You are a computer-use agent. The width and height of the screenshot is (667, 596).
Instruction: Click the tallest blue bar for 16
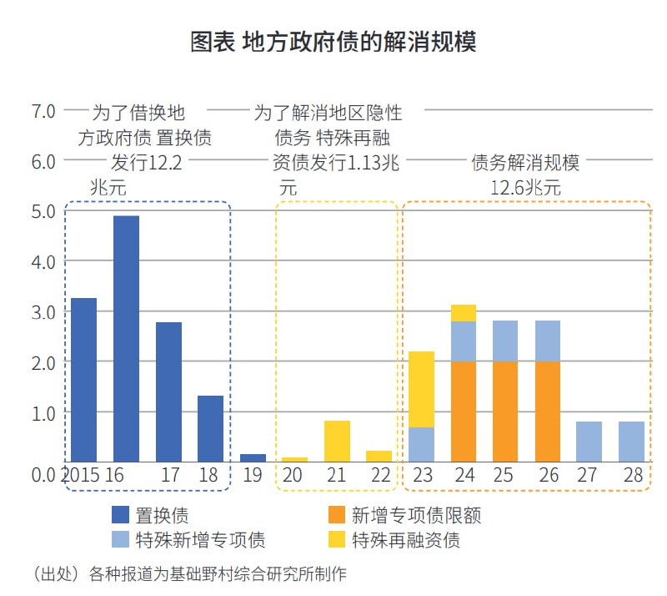tap(126, 338)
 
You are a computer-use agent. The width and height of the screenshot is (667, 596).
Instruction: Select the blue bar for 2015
tap(83, 380)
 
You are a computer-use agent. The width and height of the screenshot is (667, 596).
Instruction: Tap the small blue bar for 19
tap(253, 457)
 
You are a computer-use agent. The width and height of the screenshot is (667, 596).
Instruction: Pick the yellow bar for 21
tap(337, 441)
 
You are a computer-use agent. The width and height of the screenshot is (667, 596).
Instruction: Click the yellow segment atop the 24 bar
tap(463, 313)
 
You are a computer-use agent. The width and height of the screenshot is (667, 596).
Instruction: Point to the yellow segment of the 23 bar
tap(421, 389)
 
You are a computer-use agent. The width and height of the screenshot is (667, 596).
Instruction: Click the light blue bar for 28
tap(631, 442)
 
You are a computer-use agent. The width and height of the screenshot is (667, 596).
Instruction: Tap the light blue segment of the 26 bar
tap(547, 341)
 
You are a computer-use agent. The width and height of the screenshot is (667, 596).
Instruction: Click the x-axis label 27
tap(589, 476)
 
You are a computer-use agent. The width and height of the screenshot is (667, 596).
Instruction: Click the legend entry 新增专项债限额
tap(415, 515)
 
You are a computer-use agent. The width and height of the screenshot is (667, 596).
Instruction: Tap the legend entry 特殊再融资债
tap(405, 540)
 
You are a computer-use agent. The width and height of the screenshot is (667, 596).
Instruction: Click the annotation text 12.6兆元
tap(525, 189)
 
